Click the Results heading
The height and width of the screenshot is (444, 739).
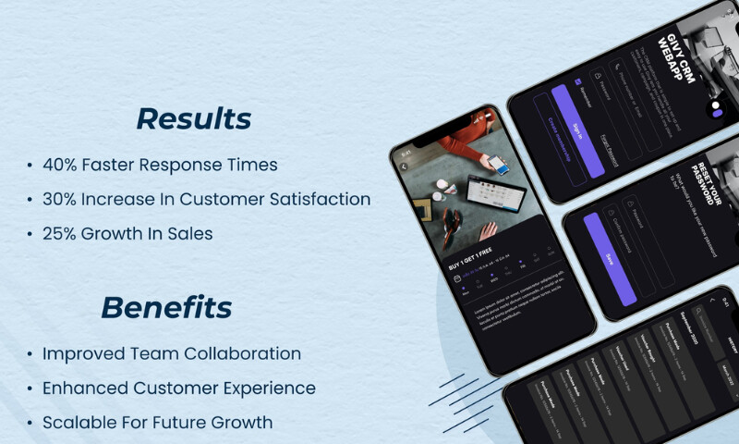(x=193, y=119)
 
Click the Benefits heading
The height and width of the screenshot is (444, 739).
(x=166, y=307)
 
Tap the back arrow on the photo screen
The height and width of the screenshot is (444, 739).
(x=404, y=166)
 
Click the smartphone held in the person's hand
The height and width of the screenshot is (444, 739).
(x=498, y=166)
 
